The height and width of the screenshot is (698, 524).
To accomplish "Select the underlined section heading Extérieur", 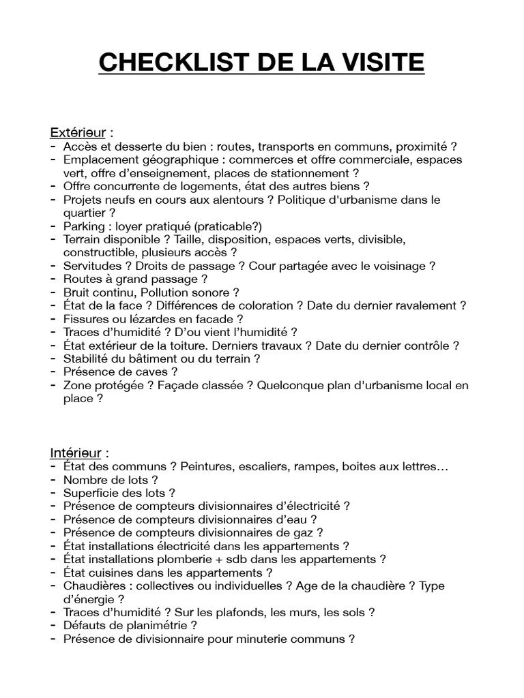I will tap(75, 132).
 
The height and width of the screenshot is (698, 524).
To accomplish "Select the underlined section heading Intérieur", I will tap(75, 453).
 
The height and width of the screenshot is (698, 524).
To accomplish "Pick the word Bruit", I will tap(77, 292).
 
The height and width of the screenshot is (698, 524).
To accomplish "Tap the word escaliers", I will tap(260, 467).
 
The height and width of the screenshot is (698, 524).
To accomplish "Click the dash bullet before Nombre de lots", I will tap(53, 480).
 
